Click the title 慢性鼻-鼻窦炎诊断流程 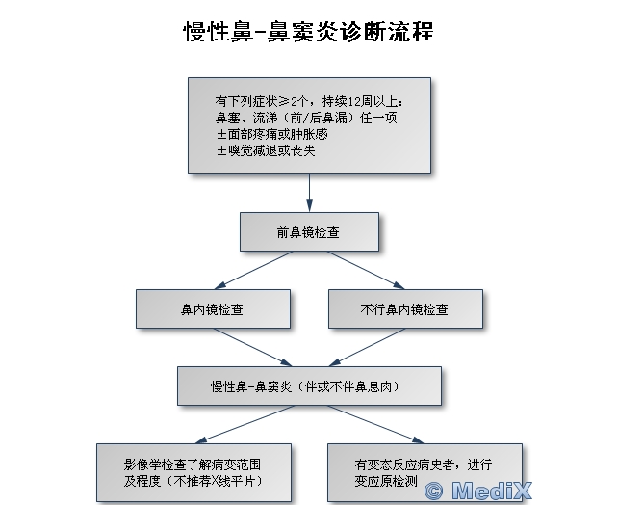pyautogui.click(x=309, y=32)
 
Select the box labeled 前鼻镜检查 pyautogui.click(x=309, y=232)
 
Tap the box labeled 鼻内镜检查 pyautogui.click(x=214, y=309)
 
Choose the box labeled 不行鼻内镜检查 pyautogui.click(x=405, y=309)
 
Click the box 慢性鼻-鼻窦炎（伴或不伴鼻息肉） pyautogui.click(x=309, y=385)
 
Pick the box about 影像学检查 pyautogui.click(x=193, y=472)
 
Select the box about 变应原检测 pyautogui.click(x=425, y=472)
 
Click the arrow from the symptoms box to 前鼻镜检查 pyautogui.click(x=309, y=193)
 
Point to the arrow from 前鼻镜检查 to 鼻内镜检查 pyautogui.click(x=253, y=270)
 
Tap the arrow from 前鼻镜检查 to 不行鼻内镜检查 pyautogui.click(x=366, y=270)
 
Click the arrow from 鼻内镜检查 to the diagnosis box pyautogui.click(x=252, y=347)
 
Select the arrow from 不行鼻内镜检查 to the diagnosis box pyautogui.click(x=368, y=347)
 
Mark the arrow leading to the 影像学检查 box pyautogui.click(x=245, y=424)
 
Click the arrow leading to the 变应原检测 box pyautogui.click(x=376, y=424)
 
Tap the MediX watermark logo pyautogui.click(x=478, y=491)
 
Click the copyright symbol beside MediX pyautogui.click(x=433, y=492)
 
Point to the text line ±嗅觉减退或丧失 pyautogui.click(x=266, y=150)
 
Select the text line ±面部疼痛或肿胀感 pyautogui.click(x=272, y=135)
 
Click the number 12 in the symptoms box pyautogui.click(x=354, y=102)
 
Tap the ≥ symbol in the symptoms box pyautogui.click(x=284, y=102)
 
